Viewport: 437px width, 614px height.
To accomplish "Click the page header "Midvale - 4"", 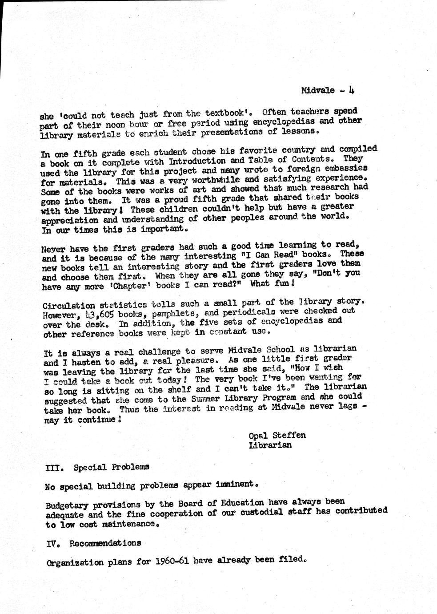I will pyautogui.click(x=327, y=90).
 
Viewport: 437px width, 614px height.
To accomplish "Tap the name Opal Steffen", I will pyautogui.click(x=277, y=435).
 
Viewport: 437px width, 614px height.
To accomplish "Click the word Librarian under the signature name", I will pyautogui.click(x=270, y=445).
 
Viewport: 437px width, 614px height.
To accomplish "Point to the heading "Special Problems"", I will pyautogui.click(x=111, y=467).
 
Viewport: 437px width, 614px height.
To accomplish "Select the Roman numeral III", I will pyautogui.click(x=52, y=468).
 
